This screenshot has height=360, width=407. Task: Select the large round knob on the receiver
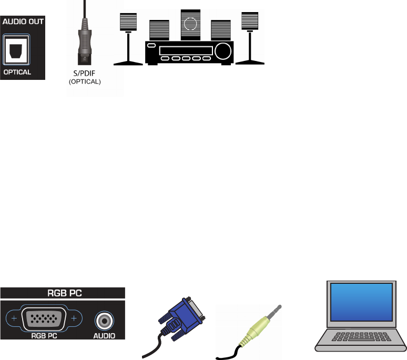pyautogui.click(x=223, y=51)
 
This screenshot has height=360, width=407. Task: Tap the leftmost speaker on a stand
pyautogui.click(x=128, y=22)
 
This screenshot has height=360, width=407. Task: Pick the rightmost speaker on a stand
pyautogui.click(x=250, y=21)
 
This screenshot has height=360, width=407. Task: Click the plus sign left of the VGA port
pyautogui.click(x=14, y=319)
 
